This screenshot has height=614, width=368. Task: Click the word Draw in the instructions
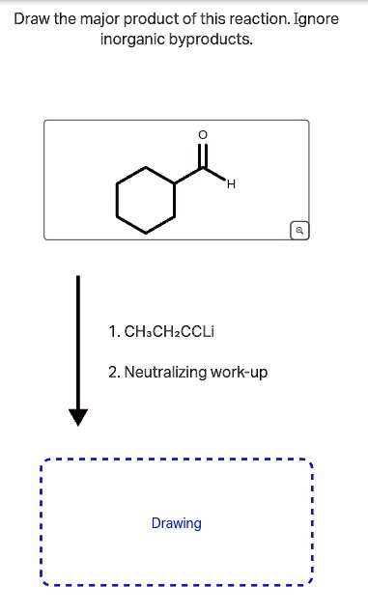(x=34, y=19)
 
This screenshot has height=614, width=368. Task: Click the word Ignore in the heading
(x=317, y=19)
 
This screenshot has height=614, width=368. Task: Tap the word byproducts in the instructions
(x=213, y=41)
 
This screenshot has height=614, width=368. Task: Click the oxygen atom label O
(x=202, y=134)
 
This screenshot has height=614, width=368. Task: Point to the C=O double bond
(x=202, y=155)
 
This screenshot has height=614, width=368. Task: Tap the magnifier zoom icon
(x=300, y=230)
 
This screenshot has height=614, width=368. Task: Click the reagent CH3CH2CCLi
(x=169, y=332)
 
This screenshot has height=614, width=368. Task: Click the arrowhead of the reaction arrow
(x=78, y=416)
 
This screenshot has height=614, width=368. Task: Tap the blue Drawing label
(x=177, y=523)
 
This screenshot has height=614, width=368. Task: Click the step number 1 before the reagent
(x=114, y=332)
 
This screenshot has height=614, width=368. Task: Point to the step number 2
(x=114, y=372)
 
